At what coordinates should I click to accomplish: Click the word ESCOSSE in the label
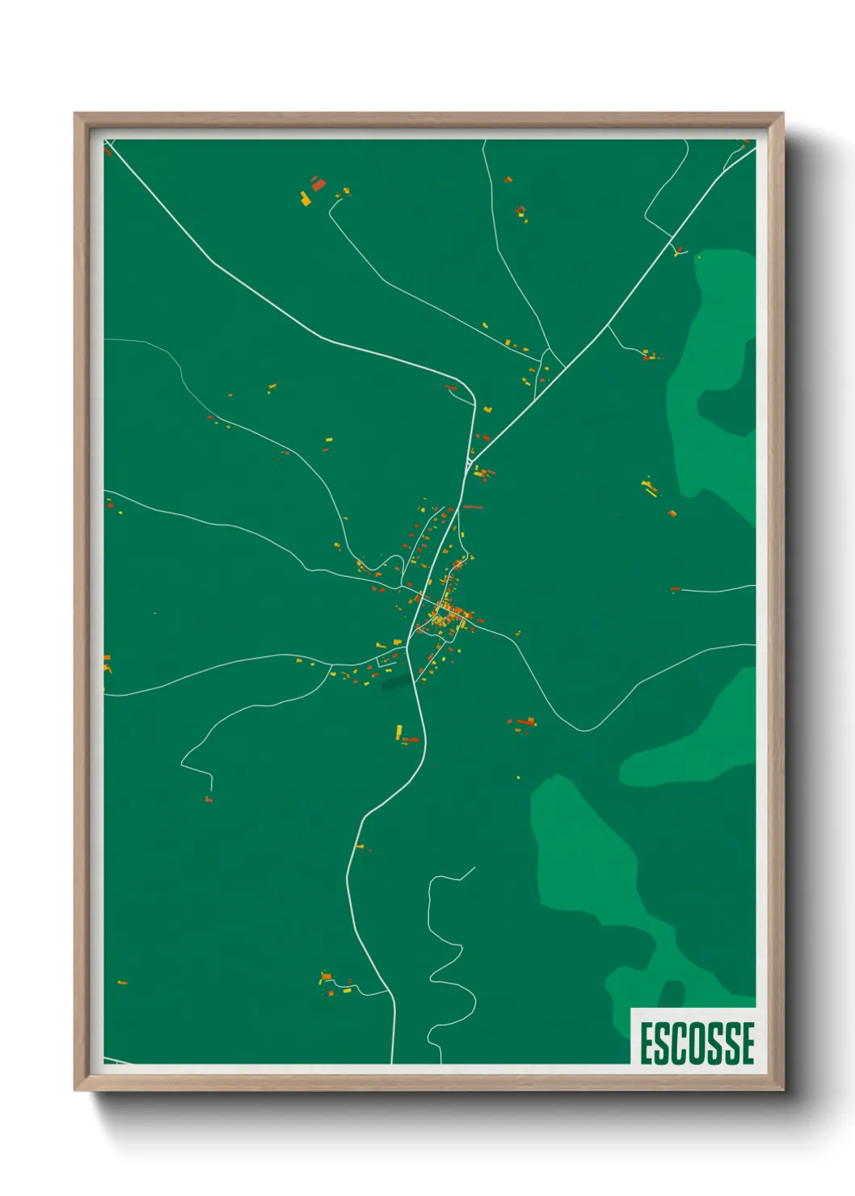(697, 1043)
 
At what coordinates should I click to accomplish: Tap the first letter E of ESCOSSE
(647, 1043)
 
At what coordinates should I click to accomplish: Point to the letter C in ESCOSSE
(680, 1043)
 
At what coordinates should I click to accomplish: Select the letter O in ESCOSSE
(698, 1043)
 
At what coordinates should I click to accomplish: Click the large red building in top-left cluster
(318, 184)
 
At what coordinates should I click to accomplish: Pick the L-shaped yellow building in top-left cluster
(305, 199)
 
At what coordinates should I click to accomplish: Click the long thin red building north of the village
(473, 507)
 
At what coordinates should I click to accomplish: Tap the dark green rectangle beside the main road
(396, 684)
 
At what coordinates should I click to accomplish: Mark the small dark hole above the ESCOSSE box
(670, 993)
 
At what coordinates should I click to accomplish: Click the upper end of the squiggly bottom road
(474, 869)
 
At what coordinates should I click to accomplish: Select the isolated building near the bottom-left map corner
(122, 983)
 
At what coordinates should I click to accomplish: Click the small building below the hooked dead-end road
(208, 800)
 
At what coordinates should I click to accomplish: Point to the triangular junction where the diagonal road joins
(470, 464)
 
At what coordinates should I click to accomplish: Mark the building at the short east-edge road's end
(675, 589)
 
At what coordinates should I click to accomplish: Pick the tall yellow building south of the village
(398, 731)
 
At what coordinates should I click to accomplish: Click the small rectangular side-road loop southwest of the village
(387, 660)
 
